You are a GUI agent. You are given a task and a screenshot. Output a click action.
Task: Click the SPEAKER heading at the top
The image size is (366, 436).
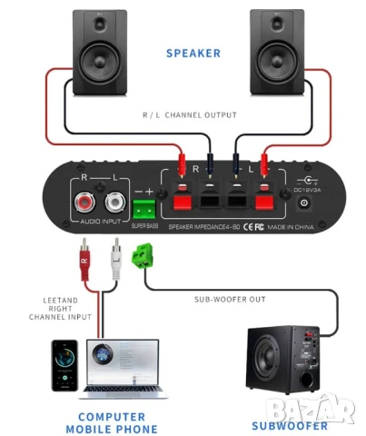point(193,53)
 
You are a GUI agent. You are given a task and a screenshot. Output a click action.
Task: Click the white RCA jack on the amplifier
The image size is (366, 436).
point(114,198)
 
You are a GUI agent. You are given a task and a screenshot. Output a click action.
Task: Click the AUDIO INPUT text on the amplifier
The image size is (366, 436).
point(102,222)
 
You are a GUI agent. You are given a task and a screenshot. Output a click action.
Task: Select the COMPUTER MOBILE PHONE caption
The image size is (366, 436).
point(111,422)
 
